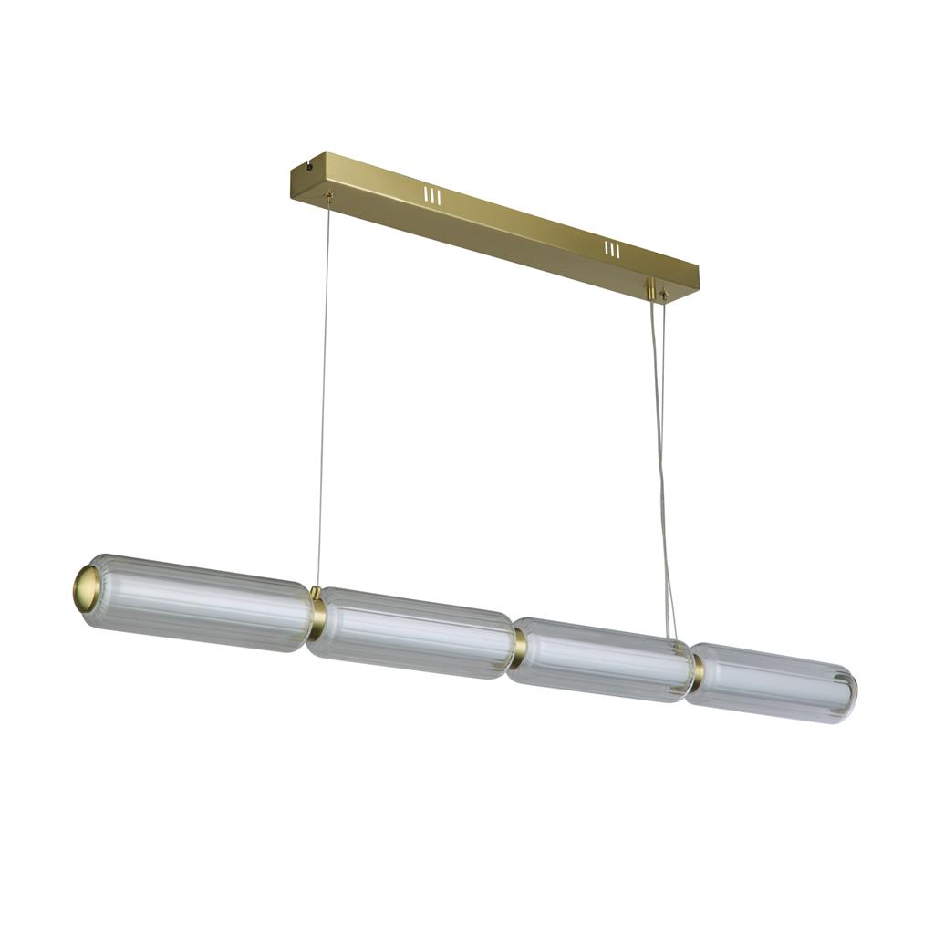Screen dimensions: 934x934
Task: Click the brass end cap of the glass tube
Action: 86,588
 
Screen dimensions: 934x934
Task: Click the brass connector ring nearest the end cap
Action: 316,615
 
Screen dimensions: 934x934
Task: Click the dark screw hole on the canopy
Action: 311,167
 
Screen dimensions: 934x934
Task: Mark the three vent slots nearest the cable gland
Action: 612,249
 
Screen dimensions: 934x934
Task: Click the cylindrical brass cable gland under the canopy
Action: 651,289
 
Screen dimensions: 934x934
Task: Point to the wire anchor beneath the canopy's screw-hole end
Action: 330,195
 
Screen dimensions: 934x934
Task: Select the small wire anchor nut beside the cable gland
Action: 664,296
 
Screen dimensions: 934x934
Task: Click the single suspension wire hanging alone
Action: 323,392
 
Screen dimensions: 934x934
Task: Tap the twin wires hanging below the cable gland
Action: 661,456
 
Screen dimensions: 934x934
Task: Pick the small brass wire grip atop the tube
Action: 317,592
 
